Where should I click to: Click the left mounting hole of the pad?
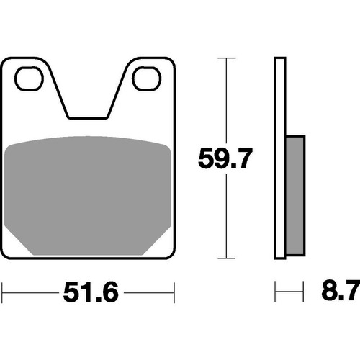[29, 78]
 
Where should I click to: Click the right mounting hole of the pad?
[147, 78]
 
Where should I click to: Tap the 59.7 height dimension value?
[225, 158]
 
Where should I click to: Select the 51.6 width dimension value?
[91, 292]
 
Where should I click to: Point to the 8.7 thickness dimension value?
[341, 291]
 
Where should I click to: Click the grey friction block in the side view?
[295, 195]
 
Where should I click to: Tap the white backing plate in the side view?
[280, 158]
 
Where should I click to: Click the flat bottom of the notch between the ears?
[88, 118]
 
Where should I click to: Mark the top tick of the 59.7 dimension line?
[226, 58]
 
